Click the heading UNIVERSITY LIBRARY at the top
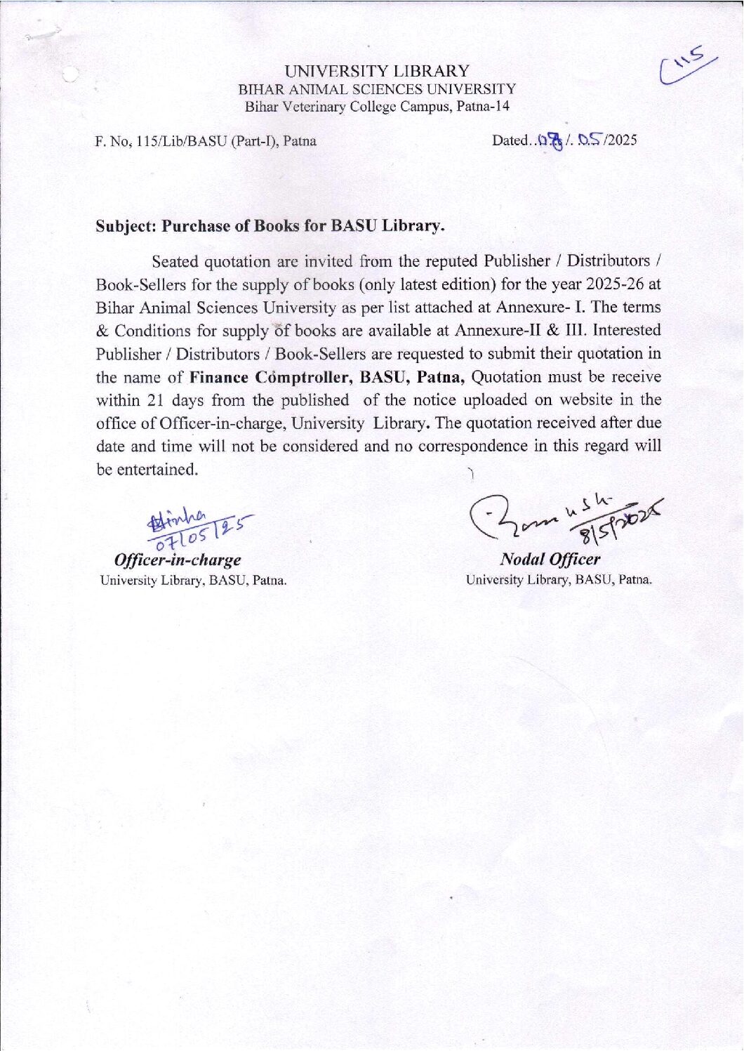click(x=377, y=71)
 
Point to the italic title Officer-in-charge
click(x=178, y=560)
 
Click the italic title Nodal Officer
click(x=550, y=560)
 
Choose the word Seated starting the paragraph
click(x=175, y=262)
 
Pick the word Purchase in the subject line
click(x=195, y=226)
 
